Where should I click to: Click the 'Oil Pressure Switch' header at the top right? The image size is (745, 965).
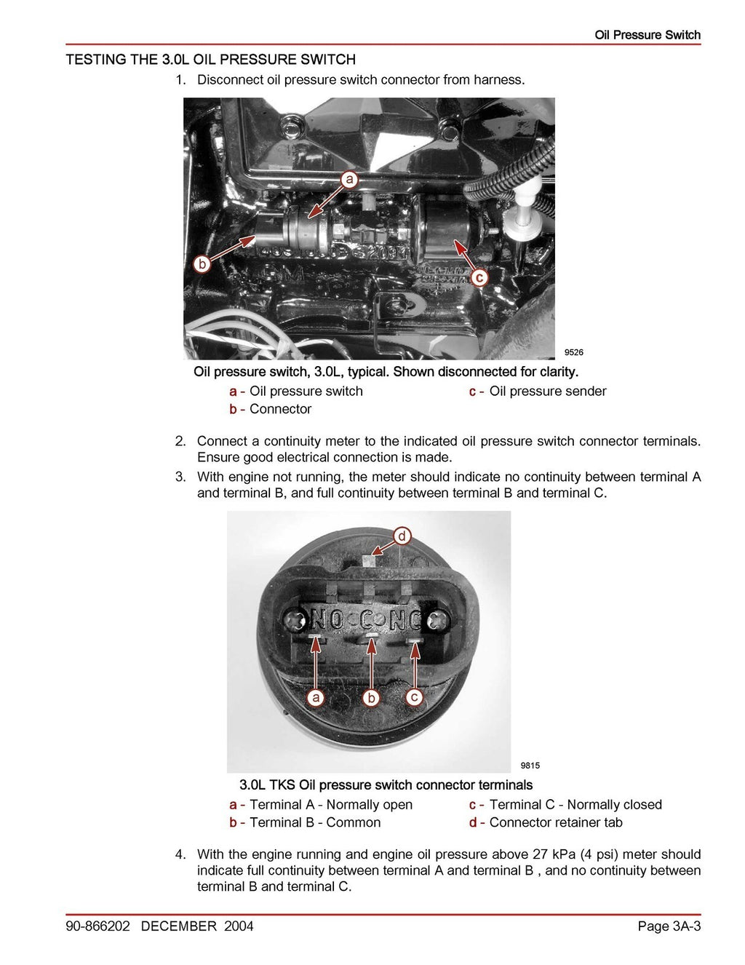(647, 35)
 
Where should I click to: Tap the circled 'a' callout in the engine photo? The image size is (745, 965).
(350, 179)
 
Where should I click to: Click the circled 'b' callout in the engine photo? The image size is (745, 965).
(202, 263)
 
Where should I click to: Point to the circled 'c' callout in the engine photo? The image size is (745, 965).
(479, 277)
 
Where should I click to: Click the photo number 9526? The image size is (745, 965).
(573, 352)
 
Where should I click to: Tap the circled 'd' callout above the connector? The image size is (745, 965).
(402, 536)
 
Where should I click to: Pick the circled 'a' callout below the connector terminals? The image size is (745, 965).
(315, 698)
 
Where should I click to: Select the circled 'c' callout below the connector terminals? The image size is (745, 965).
(414, 697)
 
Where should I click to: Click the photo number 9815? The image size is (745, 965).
(530, 765)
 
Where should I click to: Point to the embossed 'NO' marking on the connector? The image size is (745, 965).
(327, 620)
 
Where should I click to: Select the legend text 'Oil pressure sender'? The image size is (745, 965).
(547, 392)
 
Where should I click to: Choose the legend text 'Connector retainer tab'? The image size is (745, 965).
(555, 822)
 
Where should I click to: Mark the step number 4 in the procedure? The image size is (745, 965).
(180, 854)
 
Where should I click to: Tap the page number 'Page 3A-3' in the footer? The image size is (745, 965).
(669, 926)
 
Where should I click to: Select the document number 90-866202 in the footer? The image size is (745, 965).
(97, 926)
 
